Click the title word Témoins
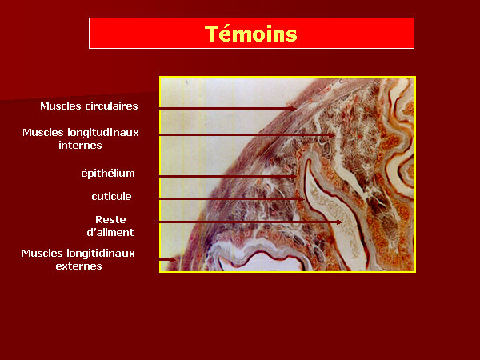pyautogui.click(x=250, y=34)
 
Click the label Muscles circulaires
pyautogui.click(x=89, y=106)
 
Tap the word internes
pyautogui.click(x=80, y=145)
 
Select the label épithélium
pyautogui.click(x=108, y=174)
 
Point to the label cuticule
pyautogui.click(x=111, y=196)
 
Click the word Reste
pyautogui.click(x=110, y=219)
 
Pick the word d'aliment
pyautogui.click(x=110, y=232)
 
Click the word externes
pyautogui.click(x=78, y=266)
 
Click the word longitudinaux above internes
pyautogui.click(x=103, y=133)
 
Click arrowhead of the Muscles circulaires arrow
pyautogui.click(x=294, y=109)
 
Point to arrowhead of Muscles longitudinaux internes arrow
pyautogui.click(x=332, y=135)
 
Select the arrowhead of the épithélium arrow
pyautogui.click(x=294, y=177)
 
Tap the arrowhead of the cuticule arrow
pyautogui.click(x=302, y=199)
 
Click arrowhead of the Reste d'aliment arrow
pyautogui.click(x=339, y=222)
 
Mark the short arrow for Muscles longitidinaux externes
pyautogui.click(x=168, y=260)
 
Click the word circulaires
pyautogui.click(x=111, y=106)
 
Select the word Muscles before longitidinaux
pyautogui.click(x=42, y=254)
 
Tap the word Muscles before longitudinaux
pyautogui.click(x=43, y=133)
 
